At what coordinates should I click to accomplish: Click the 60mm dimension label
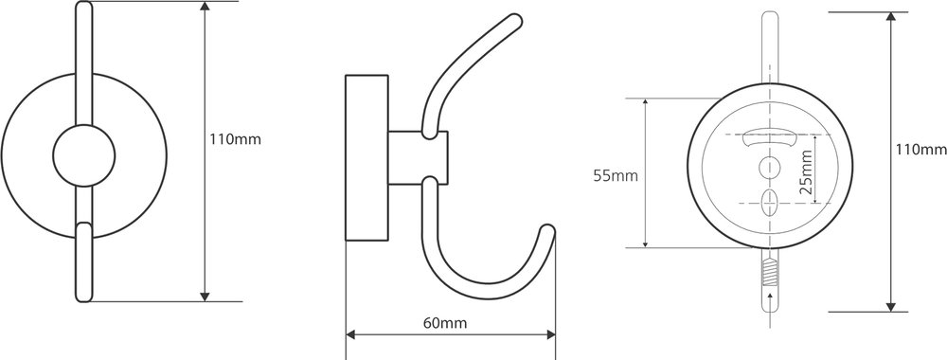[x=444, y=323]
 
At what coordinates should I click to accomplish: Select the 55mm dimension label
[x=616, y=176]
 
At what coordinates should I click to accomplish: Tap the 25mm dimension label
[x=806, y=171]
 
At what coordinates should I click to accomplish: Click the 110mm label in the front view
[x=236, y=139]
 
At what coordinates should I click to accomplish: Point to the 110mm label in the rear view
[x=921, y=149]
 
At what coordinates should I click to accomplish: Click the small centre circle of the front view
[x=84, y=155]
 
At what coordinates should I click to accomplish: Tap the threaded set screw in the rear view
[x=769, y=273]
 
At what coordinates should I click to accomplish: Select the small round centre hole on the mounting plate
[x=769, y=166]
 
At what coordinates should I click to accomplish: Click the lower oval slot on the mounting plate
[x=769, y=204]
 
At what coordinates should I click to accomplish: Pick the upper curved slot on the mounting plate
[x=769, y=139]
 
